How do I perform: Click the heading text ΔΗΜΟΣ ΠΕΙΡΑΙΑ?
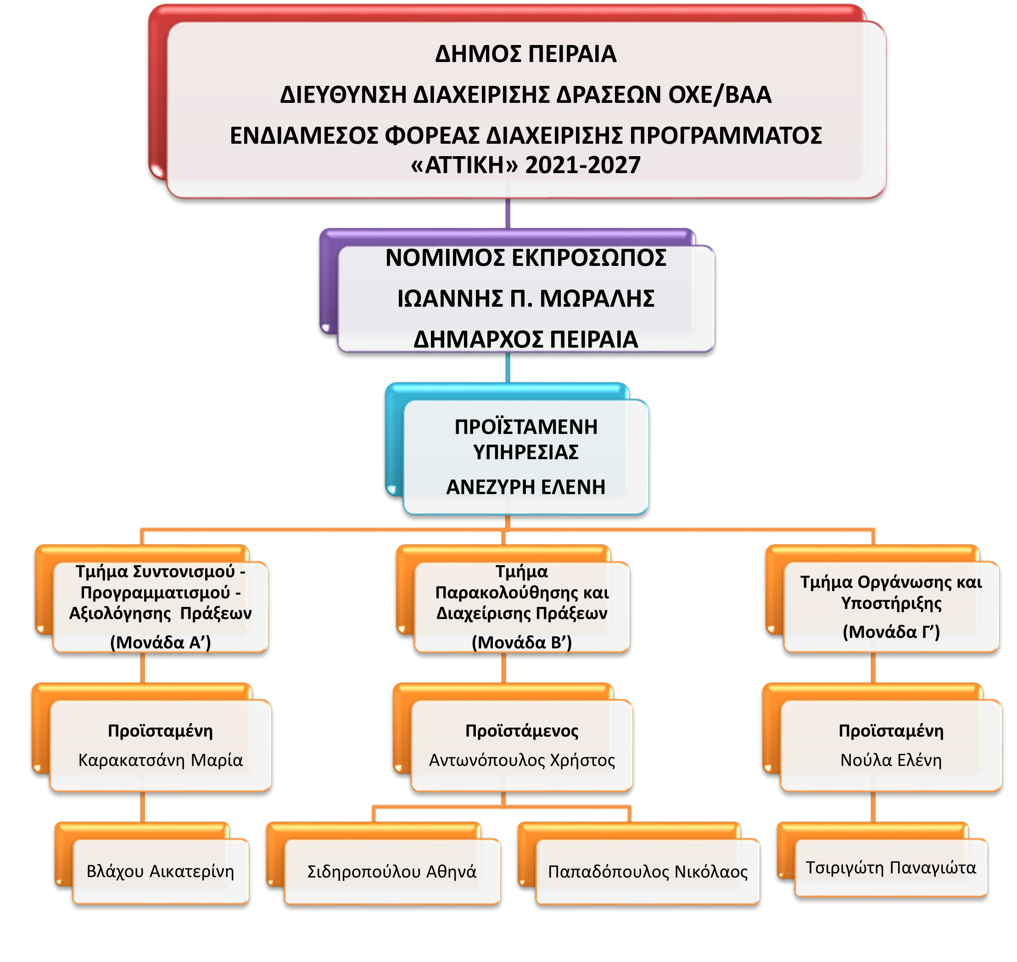click(525, 54)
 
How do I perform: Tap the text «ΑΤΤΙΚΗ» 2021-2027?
click(525, 165)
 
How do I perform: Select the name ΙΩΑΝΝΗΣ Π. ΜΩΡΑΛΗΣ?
click(525, 298)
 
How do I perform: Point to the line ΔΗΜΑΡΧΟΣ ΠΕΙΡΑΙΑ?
click(525, 339)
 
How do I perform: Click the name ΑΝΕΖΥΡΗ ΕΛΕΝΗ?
click(525, 487)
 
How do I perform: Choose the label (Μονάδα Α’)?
click(161, 642)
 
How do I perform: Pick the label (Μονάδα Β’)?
click(521, 642)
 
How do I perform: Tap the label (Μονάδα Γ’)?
click(891, 631)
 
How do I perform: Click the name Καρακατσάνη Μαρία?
click(161, 759)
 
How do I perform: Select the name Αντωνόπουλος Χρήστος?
click(522, 759)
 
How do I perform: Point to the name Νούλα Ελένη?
click(891, 759)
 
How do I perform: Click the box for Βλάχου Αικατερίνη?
click(161, 871)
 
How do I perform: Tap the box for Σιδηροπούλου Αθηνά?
click(391, 871)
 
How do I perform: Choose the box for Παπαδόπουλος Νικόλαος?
click(648, 871)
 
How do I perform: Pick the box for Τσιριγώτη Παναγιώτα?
click(890, 868)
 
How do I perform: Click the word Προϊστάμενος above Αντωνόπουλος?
click(522, 730)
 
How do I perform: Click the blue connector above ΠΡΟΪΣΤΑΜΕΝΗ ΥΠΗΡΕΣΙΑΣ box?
click(508, 367)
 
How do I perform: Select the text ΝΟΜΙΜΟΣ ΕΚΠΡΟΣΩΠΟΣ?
click(525, 258)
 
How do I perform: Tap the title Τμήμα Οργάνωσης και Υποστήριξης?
click(891, 592)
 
